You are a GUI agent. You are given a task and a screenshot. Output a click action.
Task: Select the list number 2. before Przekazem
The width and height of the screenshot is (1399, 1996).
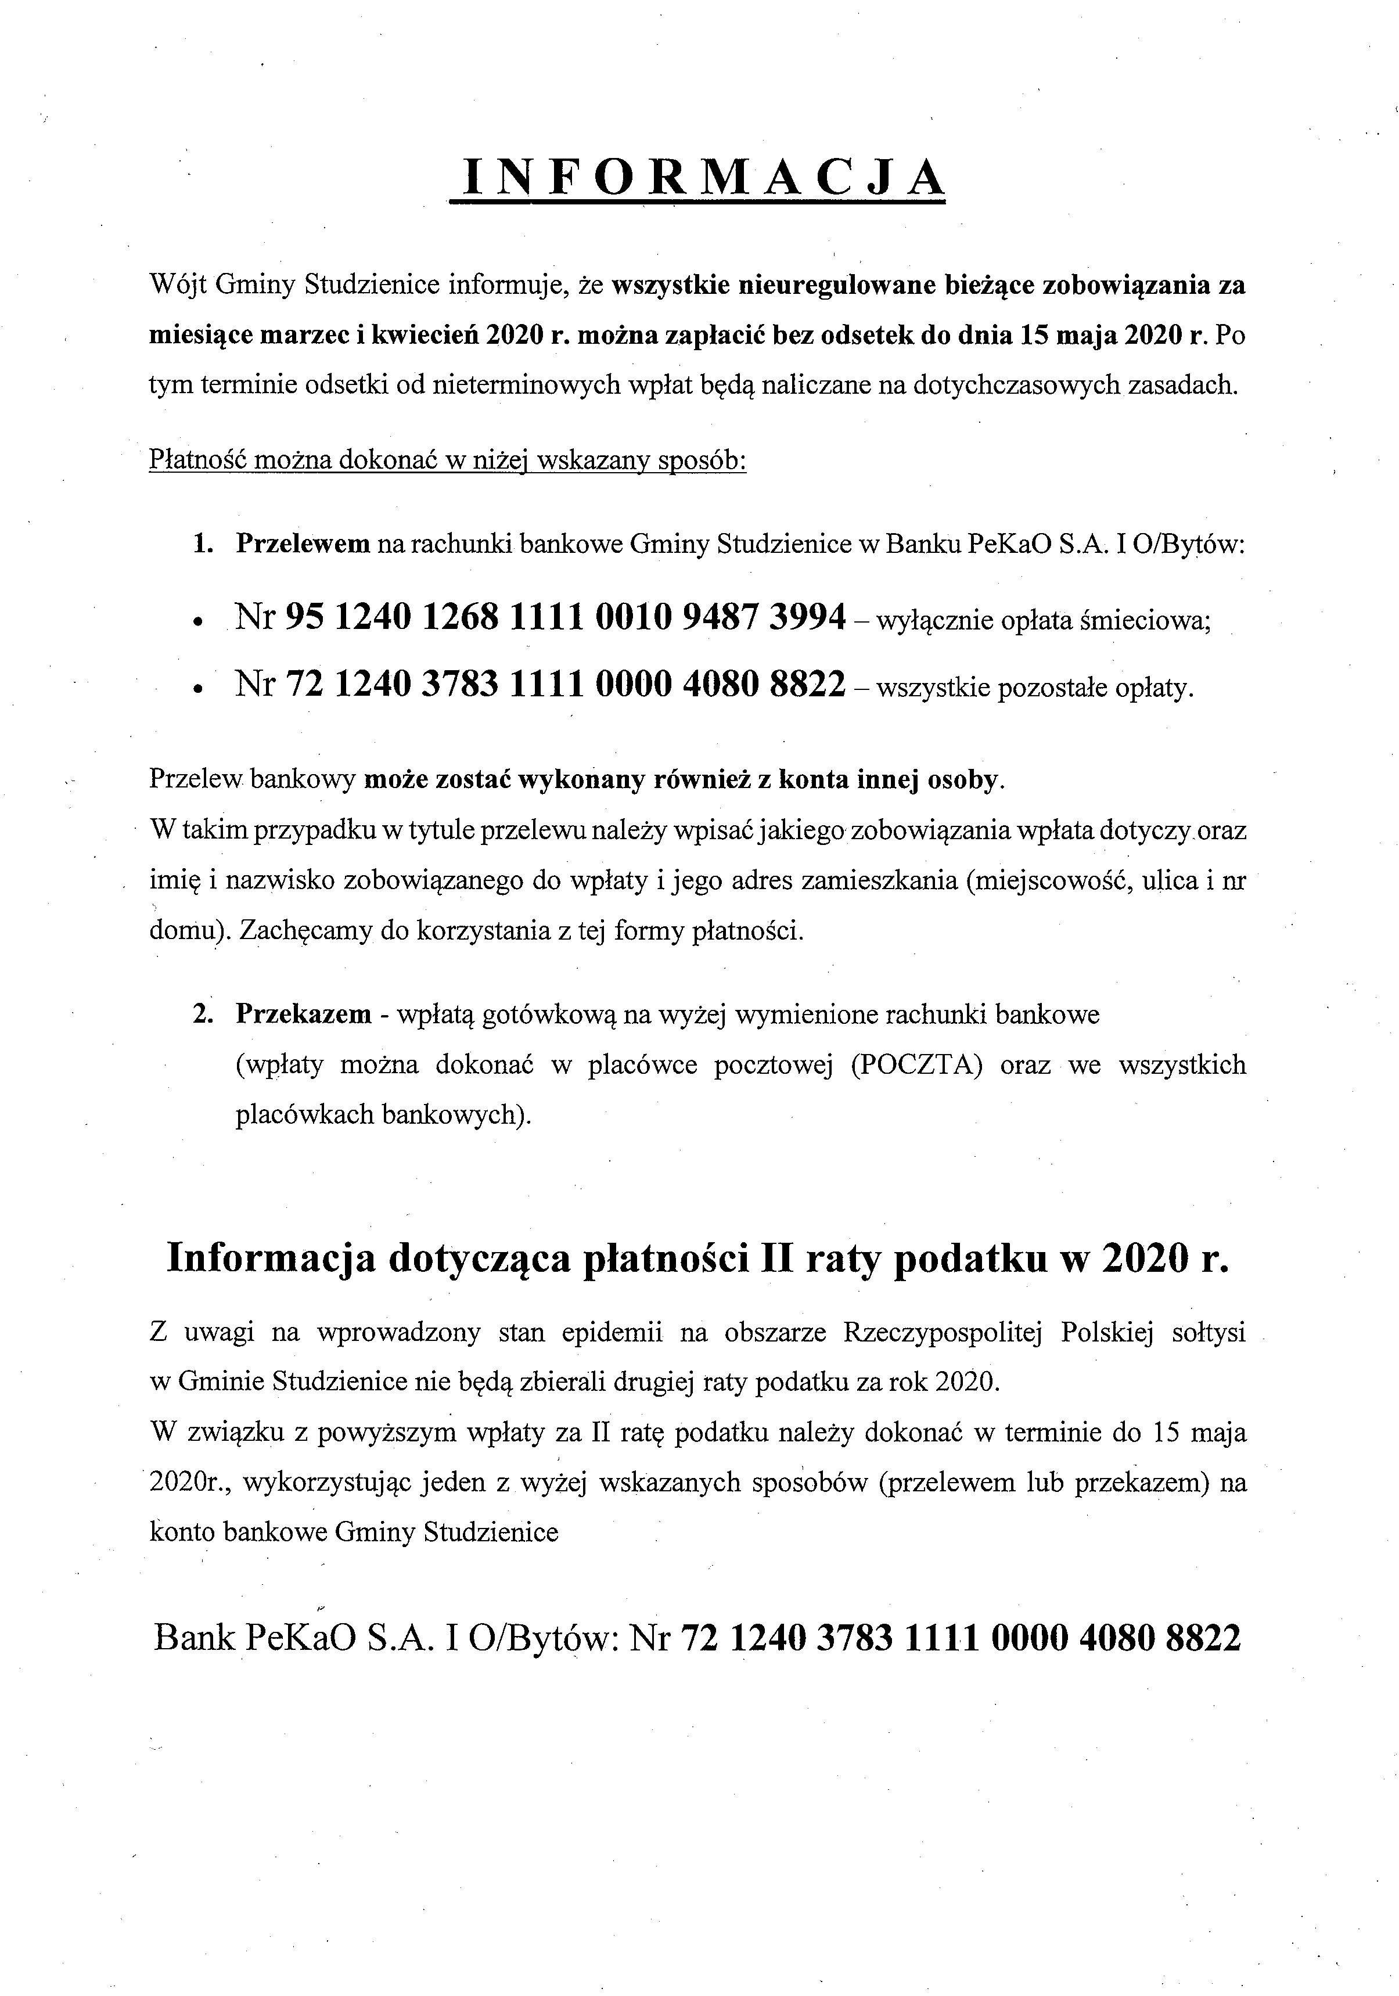203,1015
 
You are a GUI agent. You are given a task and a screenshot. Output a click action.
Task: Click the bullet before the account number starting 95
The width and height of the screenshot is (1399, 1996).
199,623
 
